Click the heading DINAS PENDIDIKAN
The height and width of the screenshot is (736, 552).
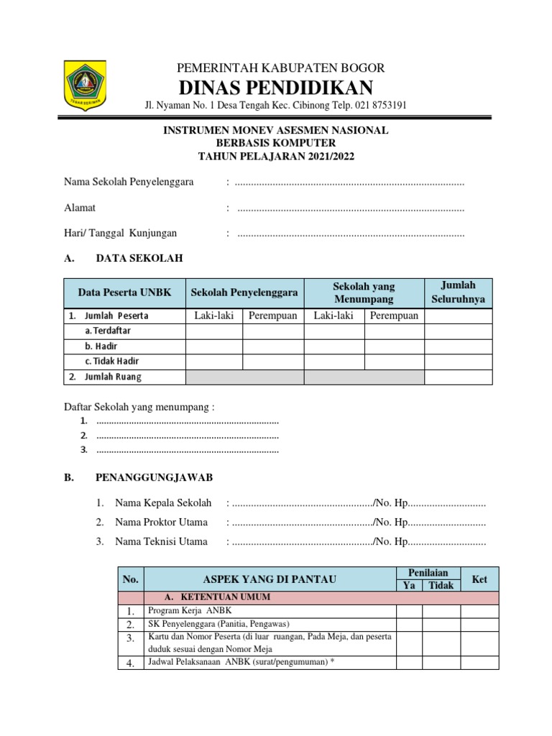pyautogui.click(x=276, y=88)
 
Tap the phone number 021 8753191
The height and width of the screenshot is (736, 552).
pyautogui.click(x=378, y=106)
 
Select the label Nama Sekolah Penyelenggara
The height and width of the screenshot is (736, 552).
pyautogui.click(x=129, y=183)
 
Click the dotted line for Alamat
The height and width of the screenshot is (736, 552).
pyautogui.click(x=350, y=208)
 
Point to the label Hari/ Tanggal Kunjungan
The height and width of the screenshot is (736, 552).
pyautogui.click(x=121, y=233)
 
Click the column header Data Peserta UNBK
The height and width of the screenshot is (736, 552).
pyautogui.click(x=125, y=293)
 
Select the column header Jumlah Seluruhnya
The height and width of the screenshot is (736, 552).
pyautogui.click(x=458, y=293)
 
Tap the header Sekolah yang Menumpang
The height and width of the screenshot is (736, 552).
pyautogui.click(x=364, y=293)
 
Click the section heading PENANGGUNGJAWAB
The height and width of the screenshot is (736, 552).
pyautogui.click(x=154, y=477)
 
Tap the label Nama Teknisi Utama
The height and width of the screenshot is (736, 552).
pyautogui.click(x=161, y=541)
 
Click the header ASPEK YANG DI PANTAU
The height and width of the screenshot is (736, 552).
pyautogui.click(x=270, y=579)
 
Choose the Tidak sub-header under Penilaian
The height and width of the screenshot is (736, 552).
pyautogui.click(x=441, y=586)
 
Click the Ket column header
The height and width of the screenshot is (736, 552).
pyautogui.click(x=479, y=579)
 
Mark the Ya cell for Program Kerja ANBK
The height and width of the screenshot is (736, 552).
pyautogui.click(x=408, y=610)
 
